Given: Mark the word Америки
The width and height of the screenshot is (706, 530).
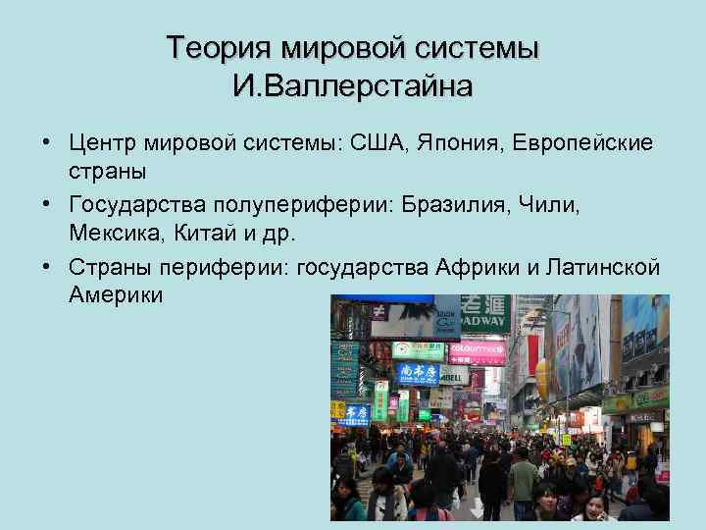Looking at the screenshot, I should (117, 294).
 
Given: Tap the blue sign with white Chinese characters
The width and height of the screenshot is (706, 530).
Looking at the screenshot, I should (417, 373).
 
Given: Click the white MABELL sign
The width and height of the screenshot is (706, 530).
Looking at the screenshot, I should (453, 376).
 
